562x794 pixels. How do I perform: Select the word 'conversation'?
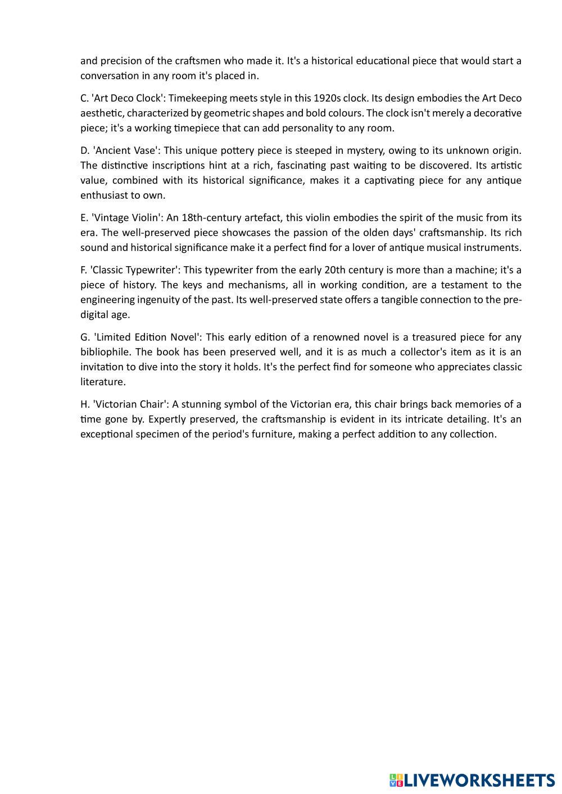108,76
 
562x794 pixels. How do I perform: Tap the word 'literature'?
102,382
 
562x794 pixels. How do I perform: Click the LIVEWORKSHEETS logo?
472,780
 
